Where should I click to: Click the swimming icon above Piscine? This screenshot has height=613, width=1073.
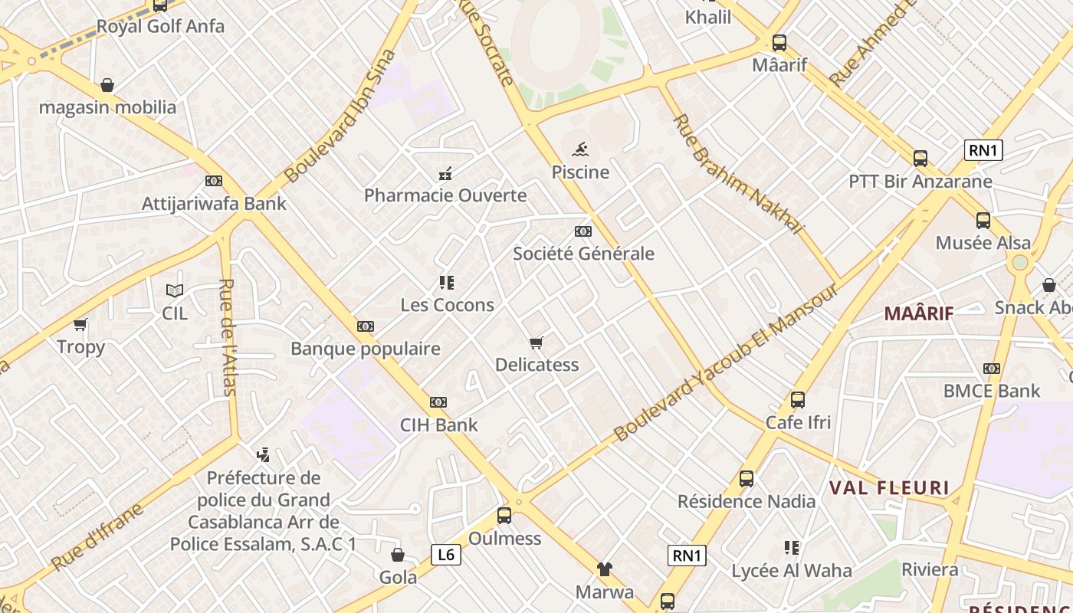point(580,149)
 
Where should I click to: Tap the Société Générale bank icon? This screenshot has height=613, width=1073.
point(583,231)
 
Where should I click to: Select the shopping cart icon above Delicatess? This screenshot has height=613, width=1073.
point(536,343)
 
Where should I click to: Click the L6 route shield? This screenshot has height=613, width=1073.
point(445,554)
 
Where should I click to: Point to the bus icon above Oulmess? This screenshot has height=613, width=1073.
point(504,516)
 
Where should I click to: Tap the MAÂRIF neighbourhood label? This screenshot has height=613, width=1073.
point(919,313)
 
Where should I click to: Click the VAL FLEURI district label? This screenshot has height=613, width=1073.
point(889,488)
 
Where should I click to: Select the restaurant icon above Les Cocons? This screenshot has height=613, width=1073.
point(447,283)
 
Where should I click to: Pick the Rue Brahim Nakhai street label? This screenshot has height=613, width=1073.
point(737,174)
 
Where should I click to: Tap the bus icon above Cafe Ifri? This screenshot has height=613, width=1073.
point(798,400)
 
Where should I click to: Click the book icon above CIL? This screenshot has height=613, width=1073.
point(175,290)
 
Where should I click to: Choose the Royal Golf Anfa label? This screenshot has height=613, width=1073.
point(160,27)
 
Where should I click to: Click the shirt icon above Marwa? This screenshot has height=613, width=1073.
point(605,569)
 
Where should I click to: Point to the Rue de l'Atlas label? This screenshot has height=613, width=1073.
point(228,337)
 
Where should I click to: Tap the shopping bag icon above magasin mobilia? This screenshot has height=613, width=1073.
point(107,85)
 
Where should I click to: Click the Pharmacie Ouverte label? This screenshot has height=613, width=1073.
point(445,195)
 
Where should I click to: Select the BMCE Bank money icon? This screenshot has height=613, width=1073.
point(992,369)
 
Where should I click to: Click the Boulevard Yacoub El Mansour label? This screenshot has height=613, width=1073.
point(726,363)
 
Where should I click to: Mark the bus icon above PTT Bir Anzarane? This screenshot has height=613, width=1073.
point(920,159)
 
